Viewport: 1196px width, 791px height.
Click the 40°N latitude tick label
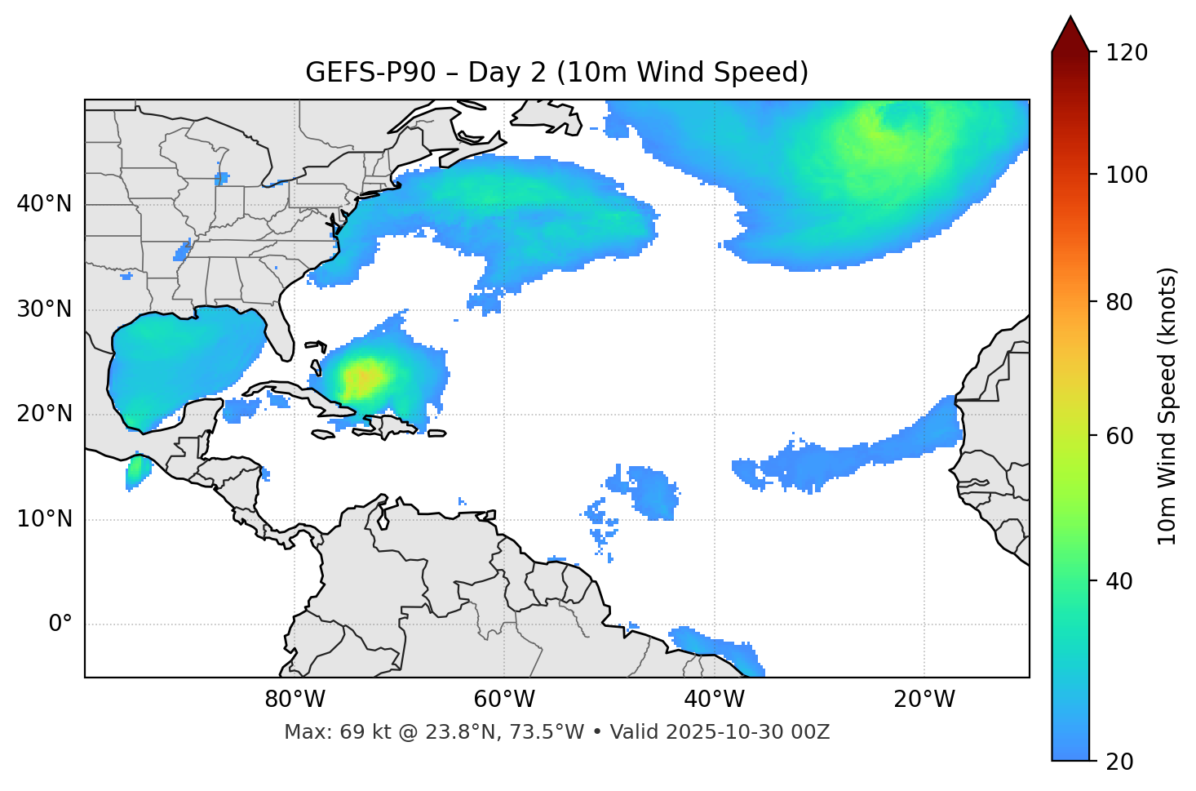[44, 204]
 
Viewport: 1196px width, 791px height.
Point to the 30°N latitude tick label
[44, 309]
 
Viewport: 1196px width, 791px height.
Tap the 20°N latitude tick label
[44, 414]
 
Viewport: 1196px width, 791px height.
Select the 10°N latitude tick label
[44, 519]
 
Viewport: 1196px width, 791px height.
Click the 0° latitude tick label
[60, 624]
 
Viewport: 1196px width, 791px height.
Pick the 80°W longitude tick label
[295, 700]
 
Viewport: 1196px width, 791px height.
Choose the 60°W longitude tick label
[504, 700]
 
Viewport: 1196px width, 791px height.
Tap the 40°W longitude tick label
[715, 700]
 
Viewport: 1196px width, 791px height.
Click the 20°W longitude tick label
[924, 700]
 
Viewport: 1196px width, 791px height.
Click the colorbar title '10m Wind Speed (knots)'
[1167, 407]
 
